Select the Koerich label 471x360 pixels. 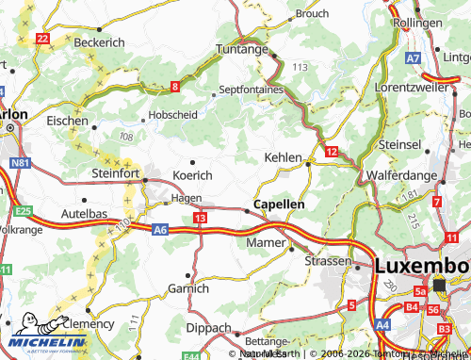192,175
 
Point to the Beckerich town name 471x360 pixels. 100,44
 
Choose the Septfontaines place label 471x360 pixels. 251,90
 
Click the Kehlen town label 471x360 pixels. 284,157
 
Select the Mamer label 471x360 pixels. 264,242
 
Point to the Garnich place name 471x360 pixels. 188,288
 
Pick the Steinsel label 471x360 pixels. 401,144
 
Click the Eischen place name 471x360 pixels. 68,122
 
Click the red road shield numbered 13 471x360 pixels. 200,218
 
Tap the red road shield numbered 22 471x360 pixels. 42,39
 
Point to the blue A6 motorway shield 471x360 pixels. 160,228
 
